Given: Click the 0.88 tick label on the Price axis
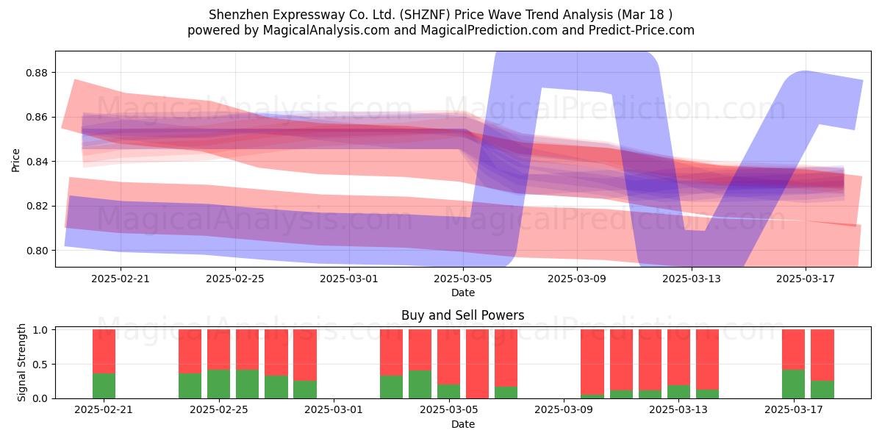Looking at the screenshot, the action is (x=36, y=73).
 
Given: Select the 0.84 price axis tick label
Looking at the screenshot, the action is (x=36, y=162).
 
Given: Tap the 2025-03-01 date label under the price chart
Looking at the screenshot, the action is (x=349, y=279).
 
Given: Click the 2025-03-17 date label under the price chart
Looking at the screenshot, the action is (x=806, y=279).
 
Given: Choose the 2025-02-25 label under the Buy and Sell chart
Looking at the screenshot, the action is (x=219, y=410).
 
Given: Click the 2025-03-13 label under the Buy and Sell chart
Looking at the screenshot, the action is (x=678, y=410).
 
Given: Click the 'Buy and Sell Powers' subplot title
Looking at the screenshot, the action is (x=462, y=315).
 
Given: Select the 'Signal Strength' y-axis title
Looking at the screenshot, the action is (x=21, y=362).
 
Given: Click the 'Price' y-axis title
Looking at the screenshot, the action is (x=15, y=160).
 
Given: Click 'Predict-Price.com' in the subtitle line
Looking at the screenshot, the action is (x=642, y=30).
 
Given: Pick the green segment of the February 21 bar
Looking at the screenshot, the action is (x=104, y=386).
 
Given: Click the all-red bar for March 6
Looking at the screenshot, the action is (x=477, y=364).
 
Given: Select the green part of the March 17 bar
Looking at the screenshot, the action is (x=793, y=384).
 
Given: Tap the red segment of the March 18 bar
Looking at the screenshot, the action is (x=822, y=355).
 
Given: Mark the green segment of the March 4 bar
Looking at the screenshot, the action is (x=420, y=384).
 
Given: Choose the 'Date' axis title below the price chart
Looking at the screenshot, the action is (x=462, y=293).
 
